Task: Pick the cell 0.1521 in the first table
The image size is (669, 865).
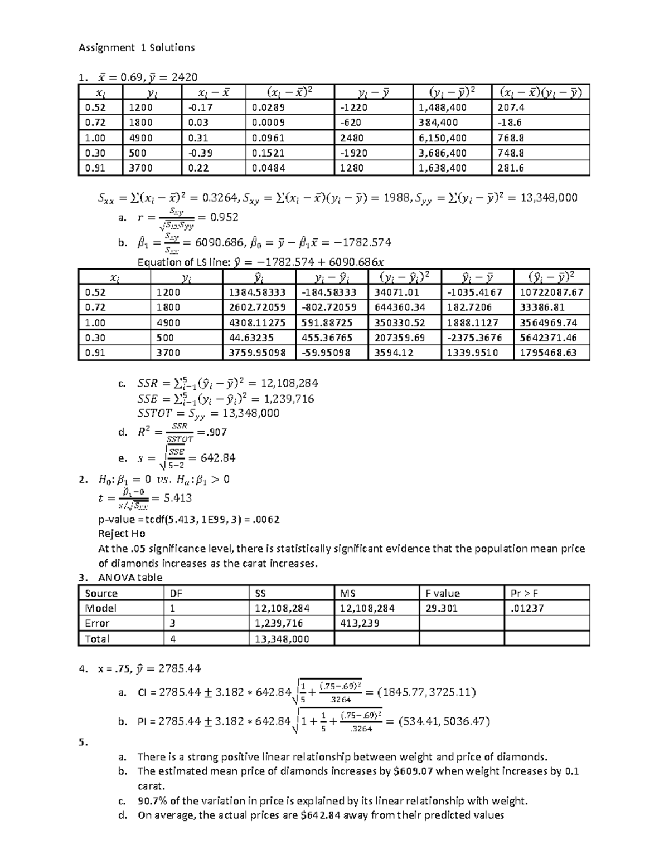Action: [268, 153]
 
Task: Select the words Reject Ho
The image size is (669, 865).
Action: [122, 534]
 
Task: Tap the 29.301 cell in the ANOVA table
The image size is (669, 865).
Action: [442, 608]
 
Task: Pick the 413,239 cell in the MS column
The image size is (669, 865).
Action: [360, 623]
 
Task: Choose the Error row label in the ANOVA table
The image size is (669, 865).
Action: [97, 623]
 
